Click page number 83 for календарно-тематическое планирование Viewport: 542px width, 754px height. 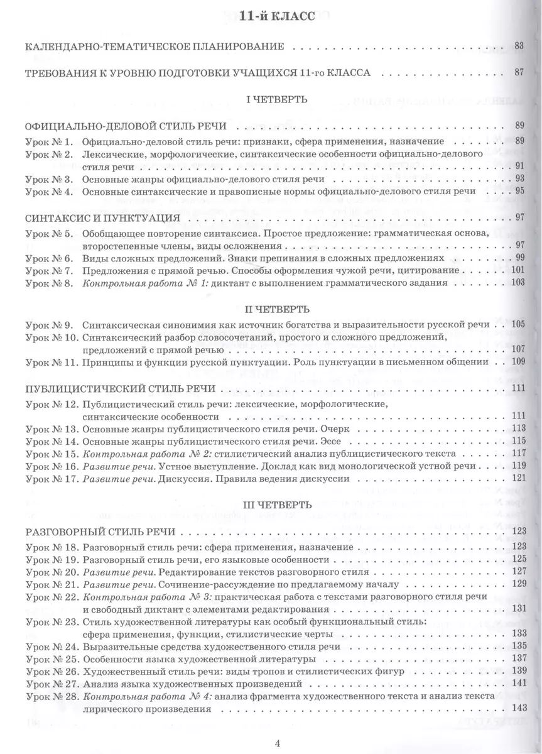pyautogui.click(x=518, y=46)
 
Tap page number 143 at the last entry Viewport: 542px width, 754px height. pyautogui.click(x=518, y=708)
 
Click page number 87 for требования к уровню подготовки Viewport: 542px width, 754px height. pyautogui.click(x=518, y=72)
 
